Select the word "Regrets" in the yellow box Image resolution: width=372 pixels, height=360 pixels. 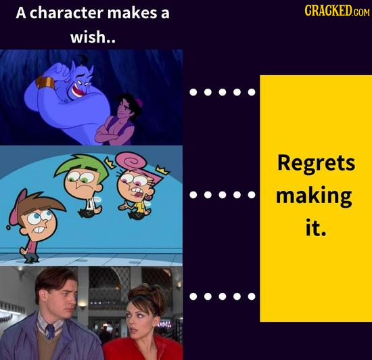click(316, 164)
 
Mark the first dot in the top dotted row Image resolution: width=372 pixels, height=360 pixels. click(194, 93)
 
